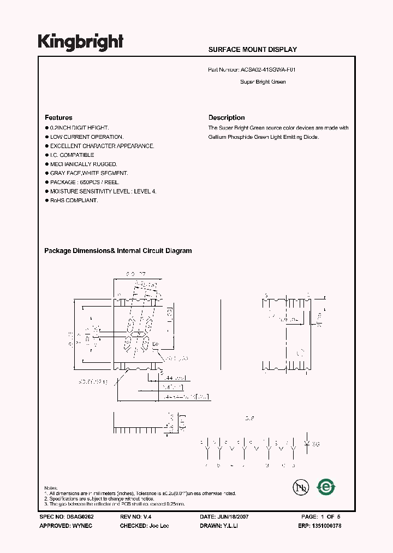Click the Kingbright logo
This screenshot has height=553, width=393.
[x=80, y=42]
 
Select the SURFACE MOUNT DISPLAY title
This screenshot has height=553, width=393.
[x=252, y=50]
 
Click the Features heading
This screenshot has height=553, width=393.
[x=58, y=117]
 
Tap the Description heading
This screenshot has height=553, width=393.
[x=227, y=117]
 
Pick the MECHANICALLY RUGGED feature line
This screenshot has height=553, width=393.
[x=84, y=164]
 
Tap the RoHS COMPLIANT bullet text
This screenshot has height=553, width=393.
[x=74, y=201]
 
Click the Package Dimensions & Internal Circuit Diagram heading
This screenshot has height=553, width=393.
[x=117, y=251]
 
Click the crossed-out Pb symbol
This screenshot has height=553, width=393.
[x=299, y=487]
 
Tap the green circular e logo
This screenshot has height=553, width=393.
[x=326, y=486]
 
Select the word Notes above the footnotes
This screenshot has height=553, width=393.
[x=50, y=487]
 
